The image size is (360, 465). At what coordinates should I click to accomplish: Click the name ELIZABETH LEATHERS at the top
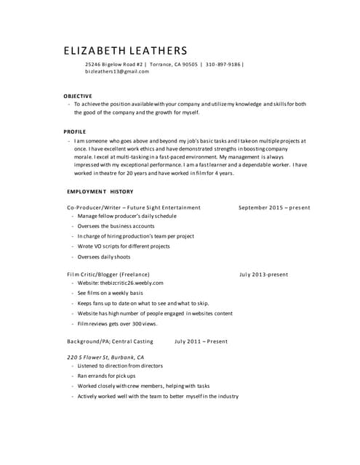click(x=125, y=51)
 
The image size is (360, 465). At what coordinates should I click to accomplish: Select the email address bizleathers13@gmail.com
click(x=112, y=72)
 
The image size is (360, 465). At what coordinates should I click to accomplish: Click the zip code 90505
click(x=188, y=64)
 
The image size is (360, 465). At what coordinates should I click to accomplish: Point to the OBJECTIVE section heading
click(x=78, y=96)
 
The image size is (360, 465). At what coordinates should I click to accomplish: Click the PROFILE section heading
click(x=74, y=131)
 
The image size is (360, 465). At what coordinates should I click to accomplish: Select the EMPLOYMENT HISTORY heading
click(x=100, y=191)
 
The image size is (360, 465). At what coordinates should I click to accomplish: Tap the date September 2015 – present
click(x=274, y=207)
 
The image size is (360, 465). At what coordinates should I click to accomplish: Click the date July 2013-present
click(x=263, y=274)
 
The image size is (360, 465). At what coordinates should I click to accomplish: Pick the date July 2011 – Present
click(x=201, y=341)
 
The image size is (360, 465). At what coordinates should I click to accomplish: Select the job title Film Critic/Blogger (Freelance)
click(x=108, y=274)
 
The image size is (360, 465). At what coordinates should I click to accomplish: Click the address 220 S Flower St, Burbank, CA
click(x=105, y=357)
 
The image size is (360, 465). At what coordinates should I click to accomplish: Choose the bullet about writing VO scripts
click(x=124, y=246)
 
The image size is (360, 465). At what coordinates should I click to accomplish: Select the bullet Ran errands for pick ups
click(x=107, y=376)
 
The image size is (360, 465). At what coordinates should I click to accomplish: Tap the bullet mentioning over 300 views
click(x=117, y=323)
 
